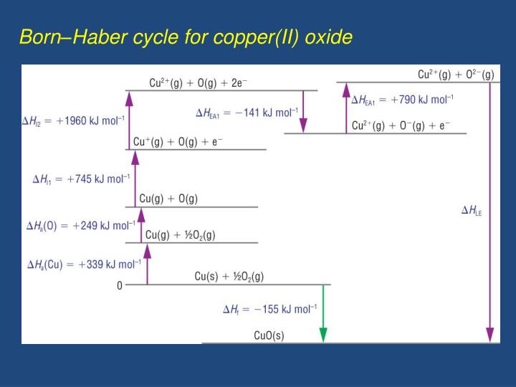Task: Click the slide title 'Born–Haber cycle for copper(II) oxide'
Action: tap(186, 37)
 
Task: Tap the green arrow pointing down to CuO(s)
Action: tap(323, 312)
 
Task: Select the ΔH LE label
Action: tap(472, 211)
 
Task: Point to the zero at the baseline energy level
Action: tap(120, 286)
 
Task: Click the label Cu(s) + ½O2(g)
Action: tap(229, 276)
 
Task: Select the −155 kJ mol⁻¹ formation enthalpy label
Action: tap(269, 310)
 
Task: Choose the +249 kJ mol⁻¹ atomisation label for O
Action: tap(80, 226)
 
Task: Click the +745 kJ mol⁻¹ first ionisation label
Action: tap(82, 178)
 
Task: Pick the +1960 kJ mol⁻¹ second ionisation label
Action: tap(73, 120)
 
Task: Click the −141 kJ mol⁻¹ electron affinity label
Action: tap(247, 113)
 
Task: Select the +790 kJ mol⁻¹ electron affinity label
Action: tap(402, 100)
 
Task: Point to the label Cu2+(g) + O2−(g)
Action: tap(456, 75)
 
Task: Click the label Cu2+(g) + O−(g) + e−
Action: tap(401, 125)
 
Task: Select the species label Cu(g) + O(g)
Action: tap(168, 199)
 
